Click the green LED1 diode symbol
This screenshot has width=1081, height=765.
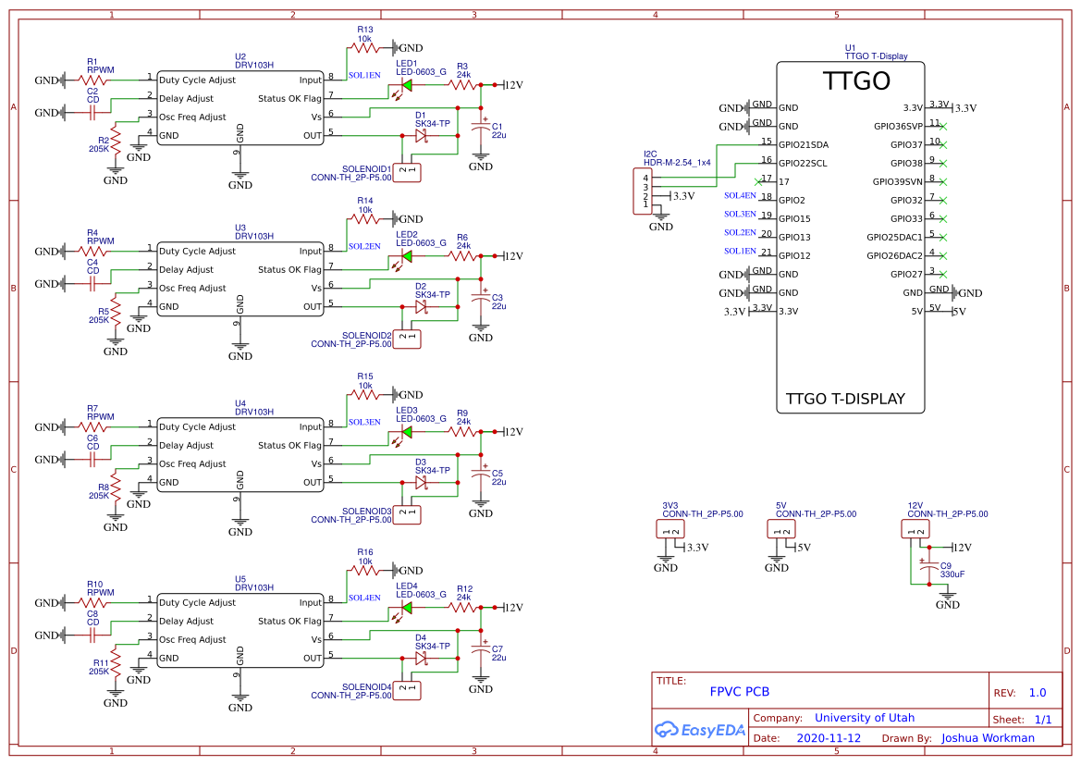point(406,86)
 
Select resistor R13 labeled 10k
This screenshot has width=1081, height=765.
point(365,47)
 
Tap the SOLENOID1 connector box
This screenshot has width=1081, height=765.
point(408,170)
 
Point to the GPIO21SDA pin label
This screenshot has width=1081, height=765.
point(804,145)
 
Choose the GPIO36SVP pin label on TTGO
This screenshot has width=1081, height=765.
point(897,127)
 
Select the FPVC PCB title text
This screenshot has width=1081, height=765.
point(739,691)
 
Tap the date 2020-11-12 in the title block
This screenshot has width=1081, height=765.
point(828,738)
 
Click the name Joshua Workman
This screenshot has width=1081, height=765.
point(988,738)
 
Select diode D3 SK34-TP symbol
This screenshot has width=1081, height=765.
point(421,482)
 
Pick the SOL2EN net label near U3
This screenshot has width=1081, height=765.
point(363,246)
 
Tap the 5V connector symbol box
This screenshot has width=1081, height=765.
point(781,529)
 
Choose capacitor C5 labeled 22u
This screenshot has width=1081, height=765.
point(480,476)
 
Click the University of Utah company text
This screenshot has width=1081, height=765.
point(864,718)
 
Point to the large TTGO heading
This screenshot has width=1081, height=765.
point(856,81)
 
